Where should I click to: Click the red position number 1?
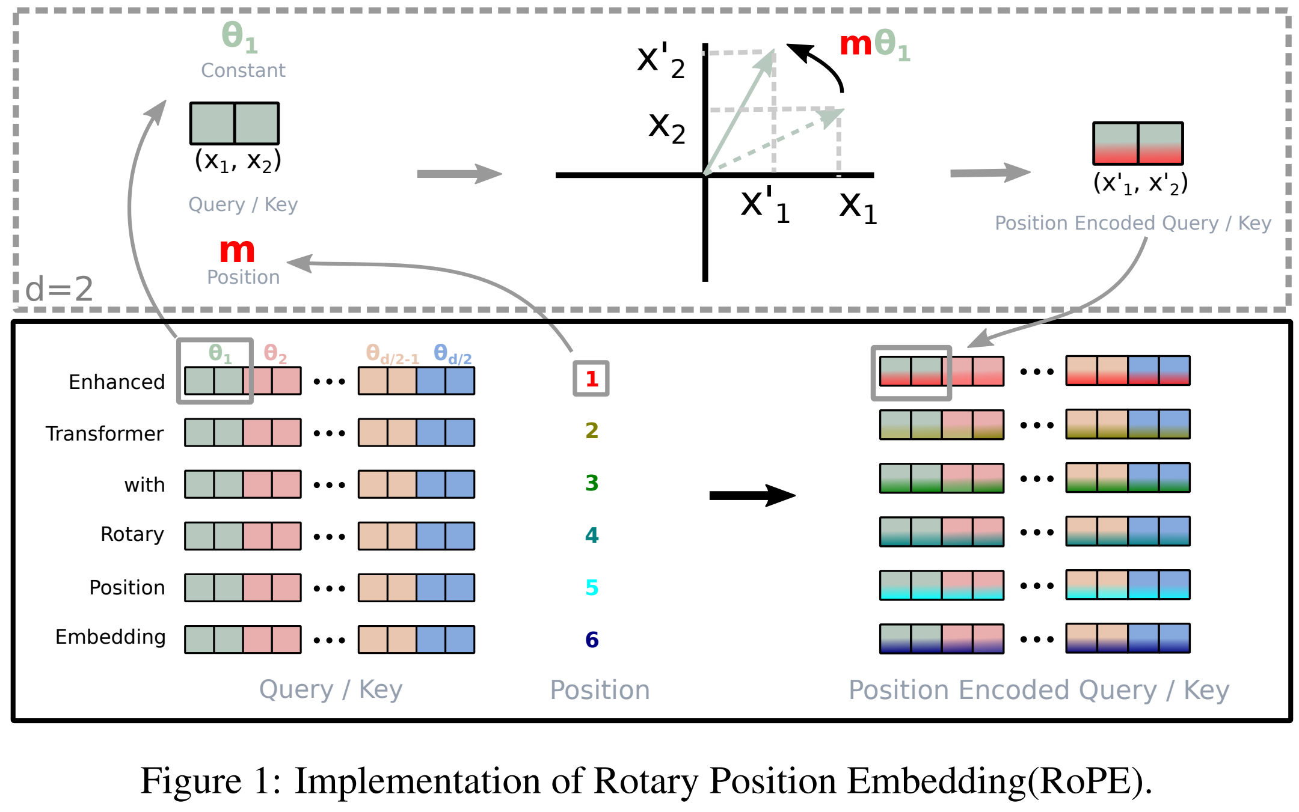(592, 379)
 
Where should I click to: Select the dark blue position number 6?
(592, 640)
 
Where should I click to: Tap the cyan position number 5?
(592, 587)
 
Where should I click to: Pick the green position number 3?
(592, 483)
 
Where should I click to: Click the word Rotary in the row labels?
(132, 534)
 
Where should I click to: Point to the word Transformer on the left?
(105, 433)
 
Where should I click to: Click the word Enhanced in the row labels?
(117, 382)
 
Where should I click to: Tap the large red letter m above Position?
(237, 251)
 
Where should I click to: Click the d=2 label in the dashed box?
(60, 288)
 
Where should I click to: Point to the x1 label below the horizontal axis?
(858, 207)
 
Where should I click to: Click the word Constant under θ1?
(243, 70)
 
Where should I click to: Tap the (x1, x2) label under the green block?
(238, 161)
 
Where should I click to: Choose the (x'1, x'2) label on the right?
(1140, 183)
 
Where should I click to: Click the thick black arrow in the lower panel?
(752, 495)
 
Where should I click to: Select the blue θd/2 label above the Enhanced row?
(453, 354)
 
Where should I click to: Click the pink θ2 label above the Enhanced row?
(275, 353)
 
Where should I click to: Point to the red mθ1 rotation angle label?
(875, 45)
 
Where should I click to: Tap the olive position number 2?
(592, 430)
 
